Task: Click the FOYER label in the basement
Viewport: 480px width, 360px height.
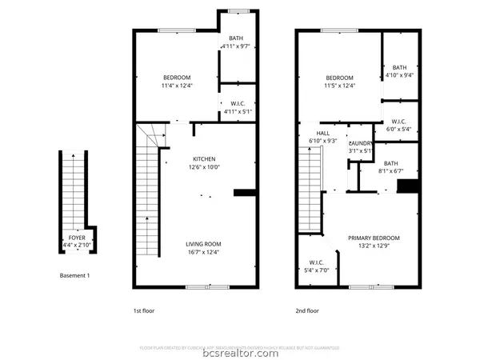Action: coord(78,238)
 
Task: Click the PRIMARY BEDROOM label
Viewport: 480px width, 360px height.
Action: coord(373,238)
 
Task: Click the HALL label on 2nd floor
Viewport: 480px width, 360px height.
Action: coord(323,134)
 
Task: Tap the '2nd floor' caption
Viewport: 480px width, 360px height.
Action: coord(308,310)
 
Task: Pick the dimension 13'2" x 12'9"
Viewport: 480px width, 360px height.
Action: coord(373,246)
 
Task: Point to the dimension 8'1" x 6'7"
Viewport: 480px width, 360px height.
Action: coord(390,170)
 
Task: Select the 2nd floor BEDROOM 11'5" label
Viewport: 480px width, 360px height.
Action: coord(339,77)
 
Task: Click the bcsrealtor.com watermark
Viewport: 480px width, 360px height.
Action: coord(240,353)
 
